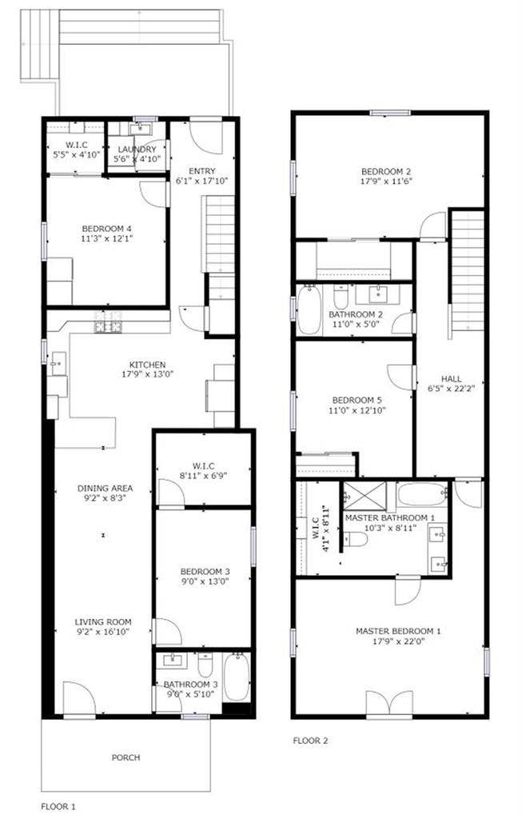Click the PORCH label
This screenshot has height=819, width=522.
[126, 757]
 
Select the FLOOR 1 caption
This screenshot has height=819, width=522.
[59, 805]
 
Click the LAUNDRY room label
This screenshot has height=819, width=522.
[137, 150]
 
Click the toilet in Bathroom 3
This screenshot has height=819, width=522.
[205, 665]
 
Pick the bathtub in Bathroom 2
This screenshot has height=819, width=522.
[309, 310]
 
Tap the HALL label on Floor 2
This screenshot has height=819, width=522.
[451, 379]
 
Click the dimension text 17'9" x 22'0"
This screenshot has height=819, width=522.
[397, 641]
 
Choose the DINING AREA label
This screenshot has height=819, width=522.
[105, 488]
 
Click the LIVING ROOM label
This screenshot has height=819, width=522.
[103, 621]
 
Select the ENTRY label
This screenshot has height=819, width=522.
[201, 171]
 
